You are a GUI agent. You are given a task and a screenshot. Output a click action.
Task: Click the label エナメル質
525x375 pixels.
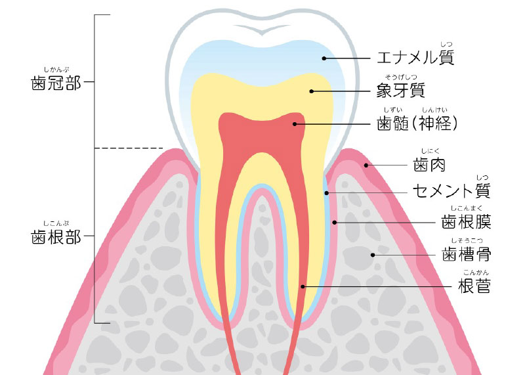click(x=415, y=57)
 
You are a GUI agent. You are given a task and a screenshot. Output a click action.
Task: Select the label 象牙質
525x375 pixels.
click(x=401, y=91)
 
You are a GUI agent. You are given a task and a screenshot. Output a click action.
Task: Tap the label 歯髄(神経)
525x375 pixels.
click(x=417, y=123)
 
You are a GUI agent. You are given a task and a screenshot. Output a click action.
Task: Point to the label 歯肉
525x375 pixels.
click(x=429, y=165)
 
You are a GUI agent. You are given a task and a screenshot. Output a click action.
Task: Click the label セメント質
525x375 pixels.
click(x=451, y=190)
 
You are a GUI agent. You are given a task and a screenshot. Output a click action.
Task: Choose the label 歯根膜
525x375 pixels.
click(x=466, y=222)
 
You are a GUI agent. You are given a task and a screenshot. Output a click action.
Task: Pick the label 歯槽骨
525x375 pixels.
click(x=466, y=254)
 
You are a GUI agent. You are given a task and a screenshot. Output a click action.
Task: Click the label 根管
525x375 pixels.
click(x=474, y=286)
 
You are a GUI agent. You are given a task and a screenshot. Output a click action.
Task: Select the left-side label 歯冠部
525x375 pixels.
click(x=56, y=83)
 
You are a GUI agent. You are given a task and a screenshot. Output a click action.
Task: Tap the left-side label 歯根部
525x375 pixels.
click(x=56, y=236)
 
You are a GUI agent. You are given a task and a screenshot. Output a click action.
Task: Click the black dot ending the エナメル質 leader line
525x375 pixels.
click(x=324, y=58)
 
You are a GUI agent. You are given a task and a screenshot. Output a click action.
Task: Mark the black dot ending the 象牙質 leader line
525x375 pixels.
click(x=311, y=91)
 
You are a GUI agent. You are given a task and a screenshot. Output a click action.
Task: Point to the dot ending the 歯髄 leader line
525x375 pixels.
click(x=295, y=124)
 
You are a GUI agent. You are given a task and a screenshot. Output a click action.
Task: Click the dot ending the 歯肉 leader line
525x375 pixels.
click(x=366, y=165)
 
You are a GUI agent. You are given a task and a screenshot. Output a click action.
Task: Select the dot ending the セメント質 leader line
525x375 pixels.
click(x=326, y=193)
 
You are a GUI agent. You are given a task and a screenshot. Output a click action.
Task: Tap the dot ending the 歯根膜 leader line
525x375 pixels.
click(x=335, y=223)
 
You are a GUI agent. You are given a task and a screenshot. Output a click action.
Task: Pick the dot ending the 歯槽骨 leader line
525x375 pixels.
click(x=373, y=255)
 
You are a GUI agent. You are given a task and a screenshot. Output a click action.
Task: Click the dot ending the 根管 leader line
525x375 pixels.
click(x=303, y=286)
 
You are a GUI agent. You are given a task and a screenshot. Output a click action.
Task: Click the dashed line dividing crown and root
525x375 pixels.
click(x=129, y=148)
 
